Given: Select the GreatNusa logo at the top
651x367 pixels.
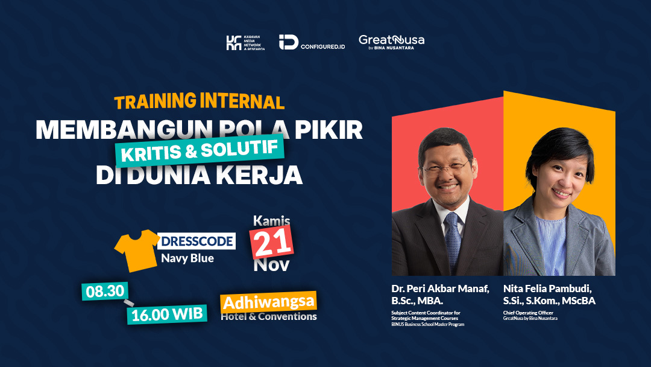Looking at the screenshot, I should (x=391, y=41).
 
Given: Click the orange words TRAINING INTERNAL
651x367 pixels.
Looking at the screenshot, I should (x=199, y=101).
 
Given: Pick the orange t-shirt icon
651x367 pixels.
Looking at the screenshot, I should (x=137, y=250).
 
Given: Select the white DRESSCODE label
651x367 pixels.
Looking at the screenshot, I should (x=196, y=241).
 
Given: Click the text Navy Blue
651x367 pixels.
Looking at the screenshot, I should (x=187, y=258).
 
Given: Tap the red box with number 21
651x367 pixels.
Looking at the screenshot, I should (x=272, y=243).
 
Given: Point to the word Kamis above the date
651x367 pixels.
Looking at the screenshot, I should (x=271, y=221).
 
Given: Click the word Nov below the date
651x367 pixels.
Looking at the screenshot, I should (x=271, y=264).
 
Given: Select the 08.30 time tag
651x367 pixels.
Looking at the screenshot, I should (x=102, y=292).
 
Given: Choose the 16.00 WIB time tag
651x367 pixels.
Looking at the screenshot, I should (x=166, y=313).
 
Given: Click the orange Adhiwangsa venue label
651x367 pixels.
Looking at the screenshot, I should (x=268, y=301).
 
